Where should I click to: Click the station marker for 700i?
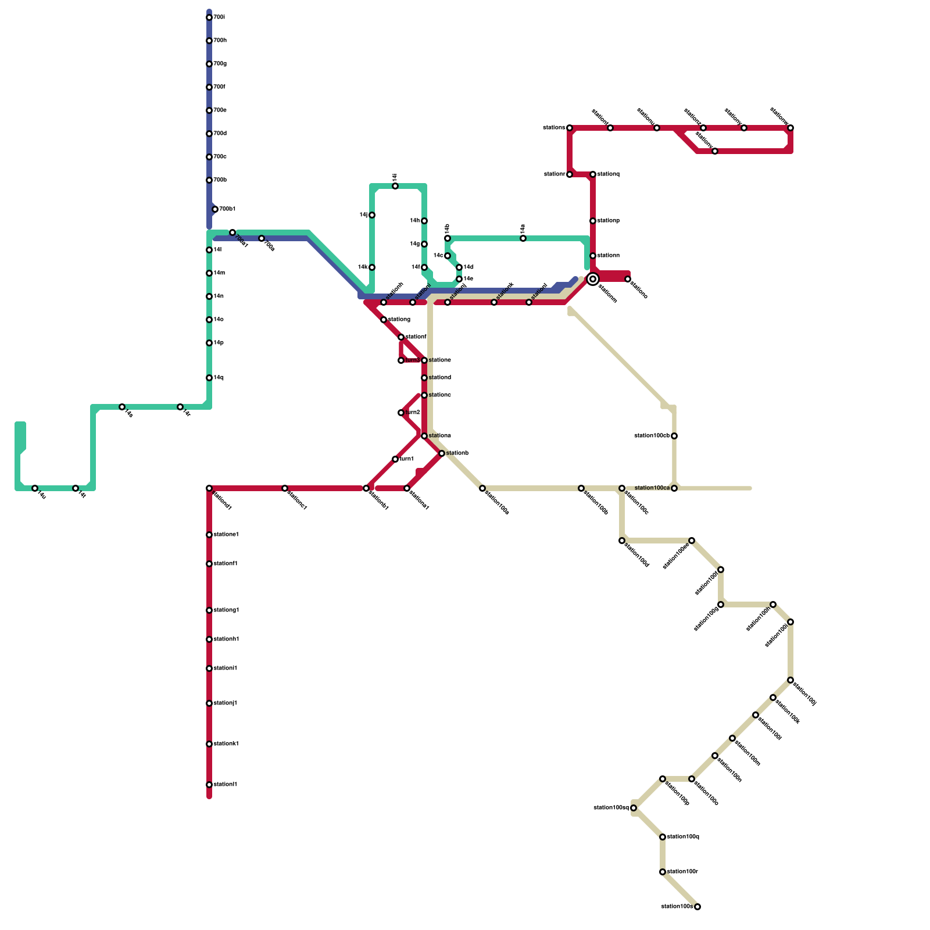209,17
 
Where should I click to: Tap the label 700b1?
227,209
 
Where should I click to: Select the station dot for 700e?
209,110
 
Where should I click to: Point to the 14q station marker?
209,378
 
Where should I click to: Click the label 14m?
219,273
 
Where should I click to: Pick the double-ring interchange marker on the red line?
593,279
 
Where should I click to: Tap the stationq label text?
608,174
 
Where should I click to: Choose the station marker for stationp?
593,221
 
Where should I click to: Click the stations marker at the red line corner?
570,128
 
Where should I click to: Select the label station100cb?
651,436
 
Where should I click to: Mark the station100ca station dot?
674,488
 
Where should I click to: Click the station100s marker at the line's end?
697,907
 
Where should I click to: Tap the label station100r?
682,872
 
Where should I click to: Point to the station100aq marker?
634,808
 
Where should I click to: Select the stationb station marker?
442,453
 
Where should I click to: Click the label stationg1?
226,610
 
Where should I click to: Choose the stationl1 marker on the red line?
209,785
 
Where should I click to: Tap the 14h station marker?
424,221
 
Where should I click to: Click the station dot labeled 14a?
523,238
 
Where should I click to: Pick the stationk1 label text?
226,744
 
